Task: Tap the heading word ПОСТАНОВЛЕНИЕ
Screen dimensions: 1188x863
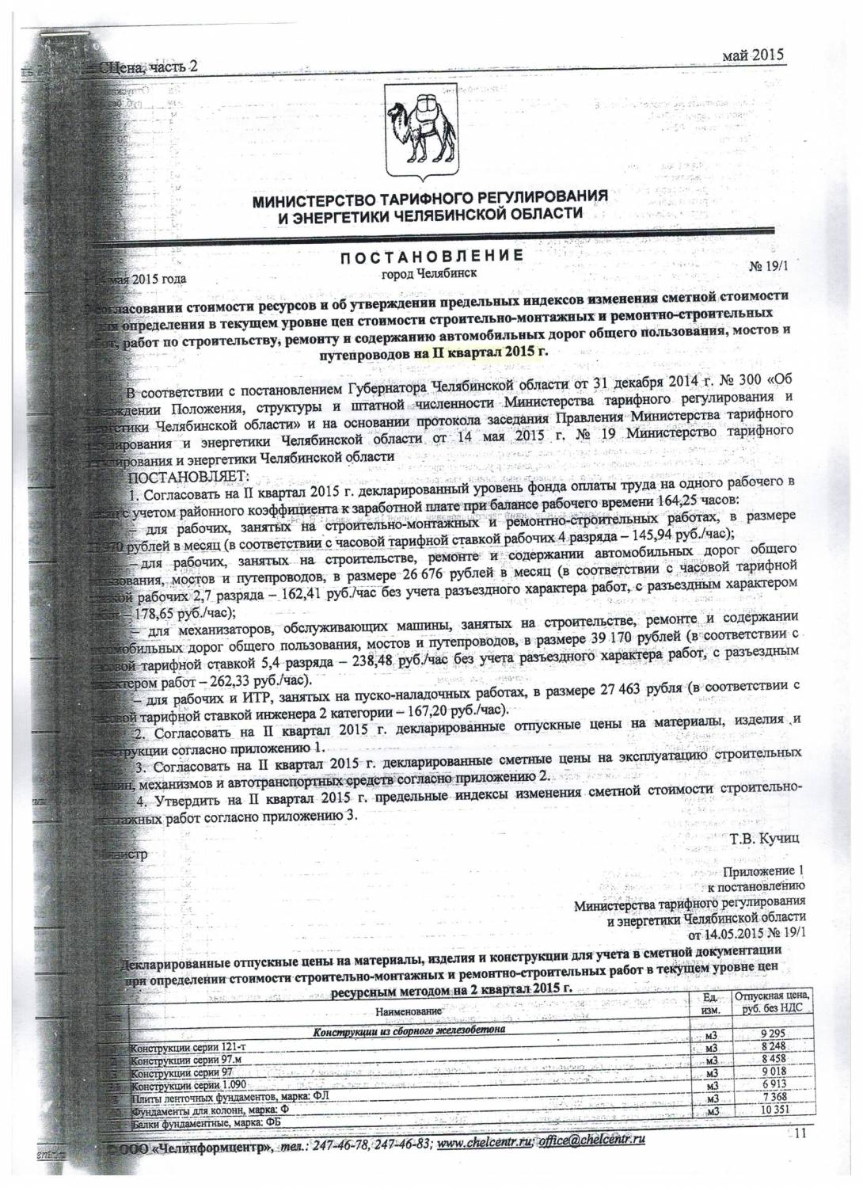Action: (431, 256)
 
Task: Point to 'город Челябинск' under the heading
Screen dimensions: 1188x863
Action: (430, 273)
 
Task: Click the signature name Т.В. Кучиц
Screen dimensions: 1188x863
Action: (760, 837)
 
